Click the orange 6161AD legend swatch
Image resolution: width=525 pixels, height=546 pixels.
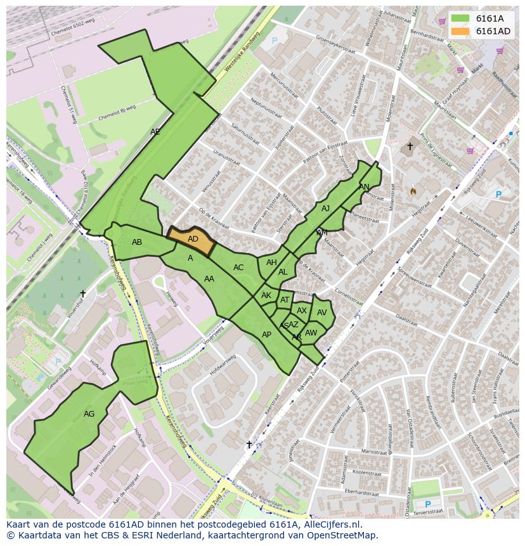pyautogui.click(x=460, y=31)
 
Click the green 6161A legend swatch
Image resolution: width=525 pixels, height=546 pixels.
pyautogui.click(x=460, y=18)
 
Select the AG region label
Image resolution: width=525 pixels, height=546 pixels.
pyautogui.click(x=89, y=414)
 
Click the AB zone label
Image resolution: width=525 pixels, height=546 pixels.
pyautogui.click(x=137, y=242)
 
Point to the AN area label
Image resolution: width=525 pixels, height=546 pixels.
pyautogui.click(x=364, y=187)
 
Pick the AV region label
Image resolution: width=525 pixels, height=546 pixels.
pyautogui.click(x=322, y=313)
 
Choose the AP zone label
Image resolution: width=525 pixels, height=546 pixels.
pyautogui.click(x=266, y=335)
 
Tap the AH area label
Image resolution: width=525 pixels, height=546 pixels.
pyautogui.click(x=271, y=263)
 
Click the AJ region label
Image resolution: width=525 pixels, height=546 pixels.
pyautogui.click(x=326, y=209)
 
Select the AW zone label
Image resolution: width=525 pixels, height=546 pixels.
pyautogui.click(x=311, y=333)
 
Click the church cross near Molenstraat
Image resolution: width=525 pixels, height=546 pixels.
pyautogui.click(x=410, y=146)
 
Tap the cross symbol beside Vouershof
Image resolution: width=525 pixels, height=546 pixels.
pyautogui.click(x=82, y=294)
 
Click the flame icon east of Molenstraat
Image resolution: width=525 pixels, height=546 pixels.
pyautogui.click(x=413, y=190)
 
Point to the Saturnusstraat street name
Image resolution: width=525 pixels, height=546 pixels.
pyautogui.click(x=246, y=134)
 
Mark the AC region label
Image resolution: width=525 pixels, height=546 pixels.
pyautogui.click(x=238, y=268)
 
